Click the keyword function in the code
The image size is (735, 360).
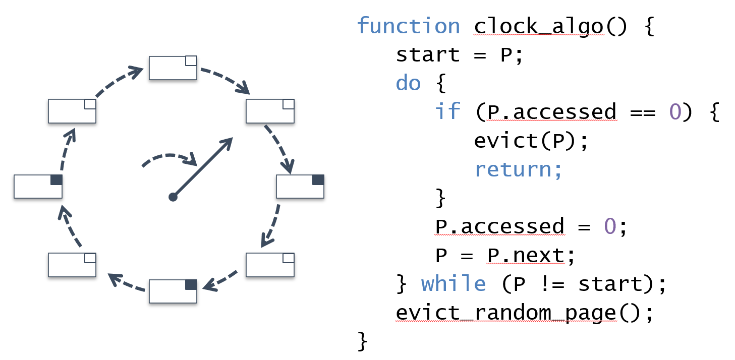408,26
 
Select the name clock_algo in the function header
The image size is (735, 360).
538,26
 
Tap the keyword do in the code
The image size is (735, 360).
408,83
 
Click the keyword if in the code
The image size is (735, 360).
447,112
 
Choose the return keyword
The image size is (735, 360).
518,169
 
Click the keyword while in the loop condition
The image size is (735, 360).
454,284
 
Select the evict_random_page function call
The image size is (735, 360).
505,313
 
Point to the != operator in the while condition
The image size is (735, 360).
552,284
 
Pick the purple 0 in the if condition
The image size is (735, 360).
675,112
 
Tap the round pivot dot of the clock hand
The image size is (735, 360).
173,197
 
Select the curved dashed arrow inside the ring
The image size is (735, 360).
169,158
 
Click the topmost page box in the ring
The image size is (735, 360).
173,68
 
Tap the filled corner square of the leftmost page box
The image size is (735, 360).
56,179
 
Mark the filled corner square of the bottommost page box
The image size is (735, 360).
191,284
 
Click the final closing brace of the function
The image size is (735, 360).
362,341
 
